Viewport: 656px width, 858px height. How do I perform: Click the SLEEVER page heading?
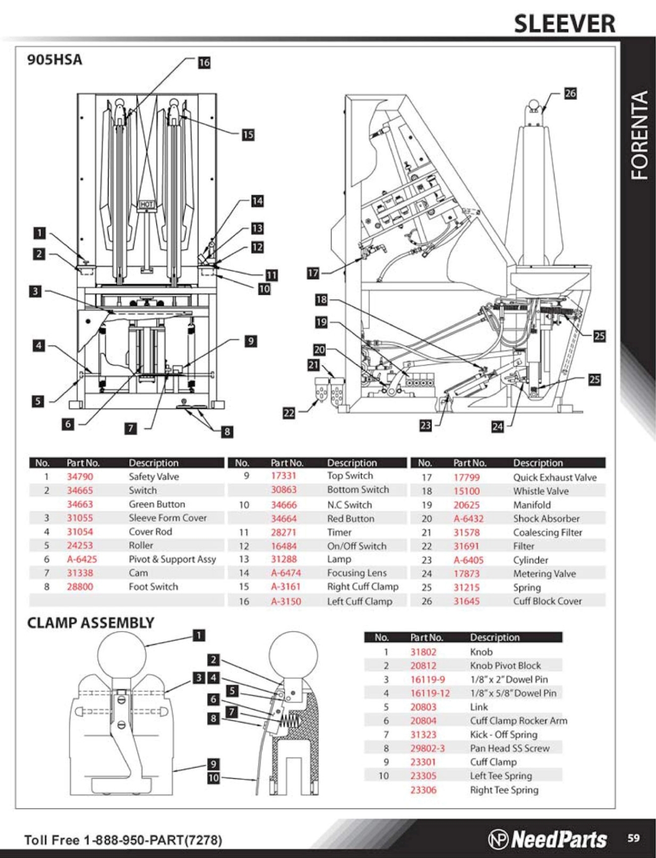tap(564, 24)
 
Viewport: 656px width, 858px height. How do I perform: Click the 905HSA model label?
tap(54, 60)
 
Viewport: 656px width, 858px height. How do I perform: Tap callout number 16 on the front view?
tap(204, 63)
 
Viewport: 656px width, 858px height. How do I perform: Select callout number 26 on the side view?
tap(570, 93)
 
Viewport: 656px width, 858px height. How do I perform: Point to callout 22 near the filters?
tap(289, 413)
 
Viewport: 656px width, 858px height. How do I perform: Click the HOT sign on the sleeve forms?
tap(147, 204)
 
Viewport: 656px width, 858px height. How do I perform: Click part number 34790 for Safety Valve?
tap(80, 476)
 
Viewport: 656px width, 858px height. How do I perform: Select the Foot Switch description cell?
tap(153, 586)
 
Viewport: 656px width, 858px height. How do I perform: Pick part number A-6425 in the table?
tap(82, 559)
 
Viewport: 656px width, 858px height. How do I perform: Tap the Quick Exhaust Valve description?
tap(555, 477)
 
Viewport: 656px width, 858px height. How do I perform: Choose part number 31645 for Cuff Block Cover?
tap(466, 601)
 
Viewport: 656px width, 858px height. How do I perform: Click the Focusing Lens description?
tap(357, 573)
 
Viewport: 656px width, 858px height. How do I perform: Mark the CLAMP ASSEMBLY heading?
tap(91, 623)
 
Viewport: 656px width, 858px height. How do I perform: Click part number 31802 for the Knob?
tap(423, 652)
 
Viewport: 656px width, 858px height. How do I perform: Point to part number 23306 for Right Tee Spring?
tap(423, 790)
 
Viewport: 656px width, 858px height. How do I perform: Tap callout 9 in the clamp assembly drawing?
tap(213, 764)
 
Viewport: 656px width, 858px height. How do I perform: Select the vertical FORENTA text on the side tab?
tap(639, 135)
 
